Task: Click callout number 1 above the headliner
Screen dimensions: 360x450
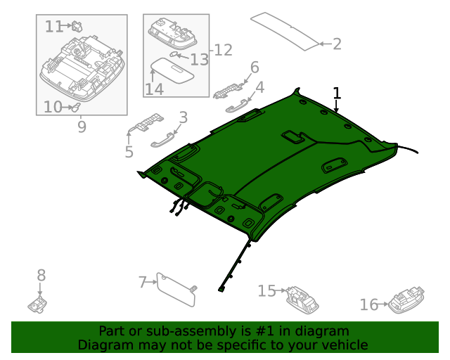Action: [337, 93]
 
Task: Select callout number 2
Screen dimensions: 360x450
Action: [337, 44]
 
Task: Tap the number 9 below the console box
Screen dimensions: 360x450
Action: [82, 127]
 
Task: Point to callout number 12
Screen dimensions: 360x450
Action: [223, 50]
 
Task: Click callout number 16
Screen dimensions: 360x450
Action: [369, 304]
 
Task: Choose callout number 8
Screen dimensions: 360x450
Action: [41, 275]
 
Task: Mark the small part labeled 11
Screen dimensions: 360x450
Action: [77, 26]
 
